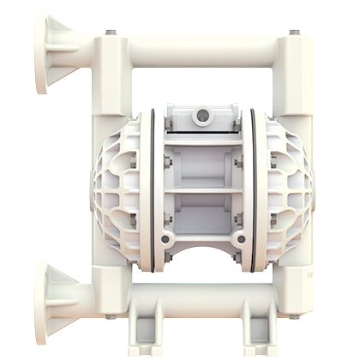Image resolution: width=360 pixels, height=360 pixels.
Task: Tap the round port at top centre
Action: [204, 113]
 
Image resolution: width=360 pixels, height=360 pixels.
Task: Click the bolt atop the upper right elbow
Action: [295, 33]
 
